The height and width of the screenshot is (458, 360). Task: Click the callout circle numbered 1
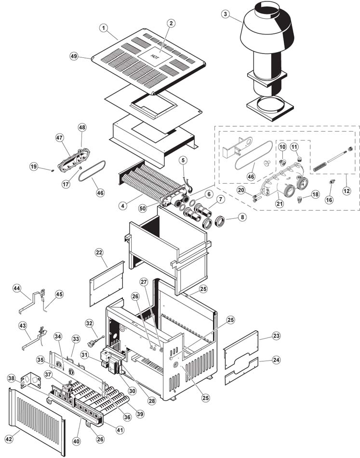(x=103, y=28)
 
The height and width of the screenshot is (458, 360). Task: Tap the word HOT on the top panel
(x=155, y=56)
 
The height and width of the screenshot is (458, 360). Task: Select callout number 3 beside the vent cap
(x=225, y=14)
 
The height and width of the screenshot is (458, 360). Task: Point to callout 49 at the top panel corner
(x=74, y=56)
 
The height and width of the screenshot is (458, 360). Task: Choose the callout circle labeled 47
(x=59, y=137)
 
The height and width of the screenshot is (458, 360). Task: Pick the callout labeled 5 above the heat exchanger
(x=183, y=160)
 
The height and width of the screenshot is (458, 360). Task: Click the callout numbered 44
(x=17, y=288)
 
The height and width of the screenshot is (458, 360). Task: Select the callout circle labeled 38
(x=25, y=379)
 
